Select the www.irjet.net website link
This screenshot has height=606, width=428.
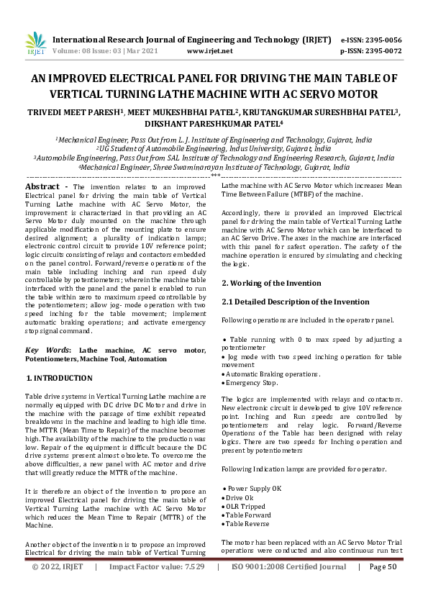pyautogui.click(x=209, y=51)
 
